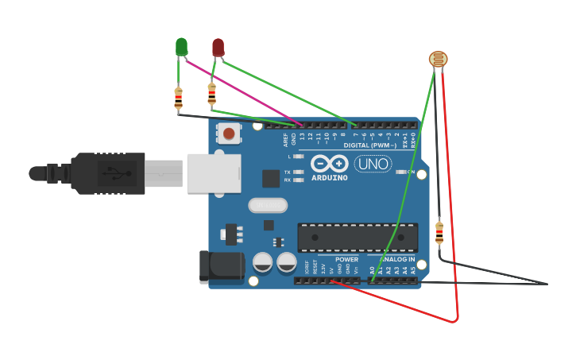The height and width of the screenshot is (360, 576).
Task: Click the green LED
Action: (x=181, y=47)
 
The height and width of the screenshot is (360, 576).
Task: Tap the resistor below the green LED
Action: (x=178, y=98)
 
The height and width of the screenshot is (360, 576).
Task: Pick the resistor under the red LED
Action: (x=211, y=95)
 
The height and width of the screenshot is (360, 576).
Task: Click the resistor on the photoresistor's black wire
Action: (x=439, y=233)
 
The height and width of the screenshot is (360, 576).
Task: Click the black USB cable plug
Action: (x=107, y=173)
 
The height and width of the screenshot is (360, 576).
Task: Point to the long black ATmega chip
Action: (x=358, y=236)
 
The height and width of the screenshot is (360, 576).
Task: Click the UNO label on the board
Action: (x=372, y=165)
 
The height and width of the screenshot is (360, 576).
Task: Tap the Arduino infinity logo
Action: (x=329, y=164)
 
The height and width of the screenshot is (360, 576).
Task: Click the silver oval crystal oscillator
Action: (x=267, y=206)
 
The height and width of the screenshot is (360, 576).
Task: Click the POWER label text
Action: (x=346, y=259)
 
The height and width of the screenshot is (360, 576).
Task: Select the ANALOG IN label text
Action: (x=396, y=259)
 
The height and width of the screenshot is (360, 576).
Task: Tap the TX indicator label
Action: (x=287, y=172)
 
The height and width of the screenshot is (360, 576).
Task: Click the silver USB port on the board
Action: (x=213, y=173)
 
